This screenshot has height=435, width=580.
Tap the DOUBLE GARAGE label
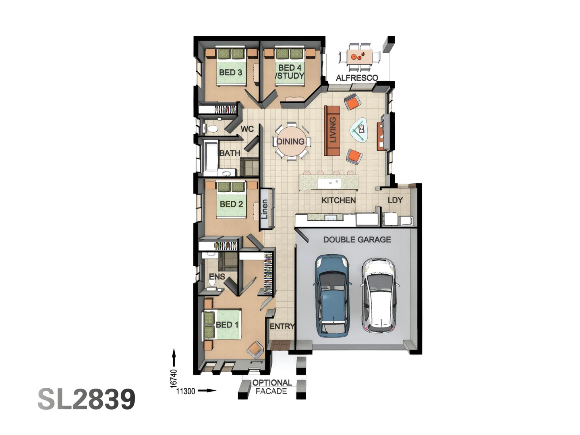[x=357, y=240]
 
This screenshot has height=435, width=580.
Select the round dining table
[x=290, y=142]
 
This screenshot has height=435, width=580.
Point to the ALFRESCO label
[x=357, y=78]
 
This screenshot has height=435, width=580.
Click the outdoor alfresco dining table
[x=359, y=57]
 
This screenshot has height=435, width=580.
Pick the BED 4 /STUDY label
[x=290, y=72]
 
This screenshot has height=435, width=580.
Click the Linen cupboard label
[x=264, y=209]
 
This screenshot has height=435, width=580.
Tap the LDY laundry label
[x=395, y=200]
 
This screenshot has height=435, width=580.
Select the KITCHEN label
[x=338, y=200]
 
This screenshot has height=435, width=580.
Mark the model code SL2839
[x=87, y=399]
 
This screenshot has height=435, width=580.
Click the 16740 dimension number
[x=174, y=379]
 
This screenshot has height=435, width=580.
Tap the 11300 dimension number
[x=186, y=391]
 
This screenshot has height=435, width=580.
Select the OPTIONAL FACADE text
[x=271, y=387]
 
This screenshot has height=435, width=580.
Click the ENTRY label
[x=282, y=326]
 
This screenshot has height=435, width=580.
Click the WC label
[x=247, y=129]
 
